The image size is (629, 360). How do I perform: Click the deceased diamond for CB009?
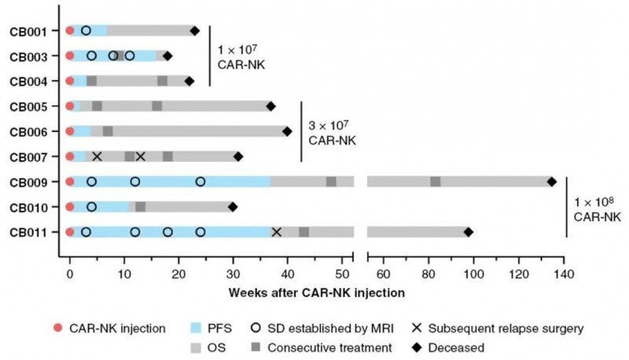(x=551, y=182)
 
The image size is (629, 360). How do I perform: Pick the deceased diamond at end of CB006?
(x=287, y=131)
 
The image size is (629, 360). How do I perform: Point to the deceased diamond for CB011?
(x=469, y=232)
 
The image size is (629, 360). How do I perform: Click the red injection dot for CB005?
(x=70, y=106)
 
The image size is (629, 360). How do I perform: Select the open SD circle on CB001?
(x=86, y=31)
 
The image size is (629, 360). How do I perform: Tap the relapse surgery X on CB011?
(x=277, y=232)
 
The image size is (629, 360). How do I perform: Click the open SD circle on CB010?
(x=91, y=207)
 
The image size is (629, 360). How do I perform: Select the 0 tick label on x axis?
(x=70, y=274)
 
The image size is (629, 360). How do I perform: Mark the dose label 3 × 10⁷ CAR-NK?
(x=326, y=134)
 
